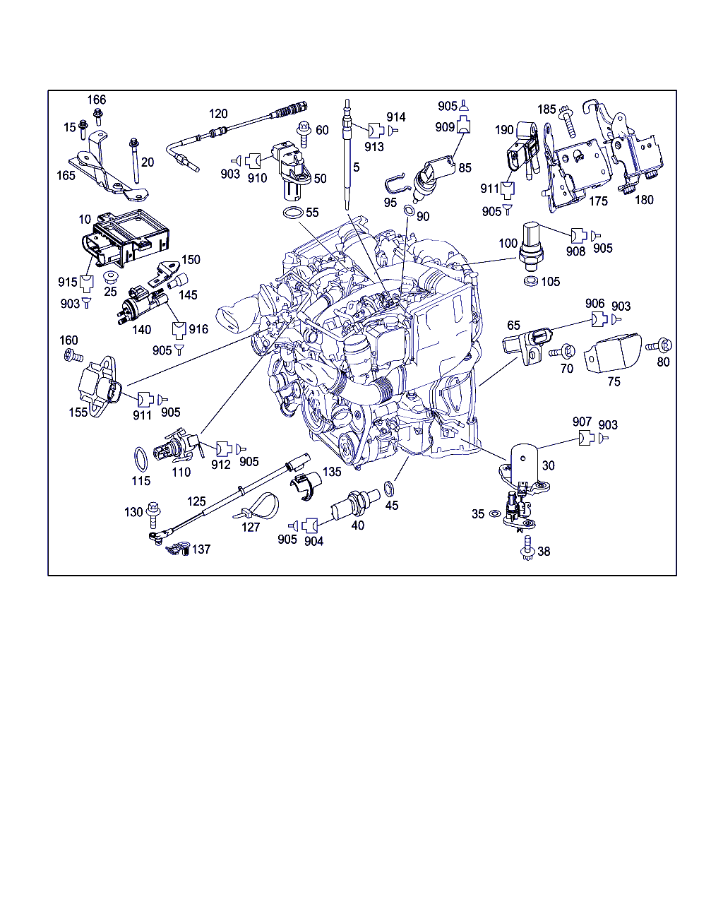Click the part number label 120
(x=218, y=114)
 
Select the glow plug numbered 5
(x=347, y=155)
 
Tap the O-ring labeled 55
(x=293, y=213)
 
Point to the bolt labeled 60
(x=304, y=134)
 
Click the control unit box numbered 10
(x=125, y=237)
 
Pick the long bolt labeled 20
(x=135, y=161)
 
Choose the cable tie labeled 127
(x=257, y=506)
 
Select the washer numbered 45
(x=389, y=489)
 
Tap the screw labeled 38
(x=527, y=547)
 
